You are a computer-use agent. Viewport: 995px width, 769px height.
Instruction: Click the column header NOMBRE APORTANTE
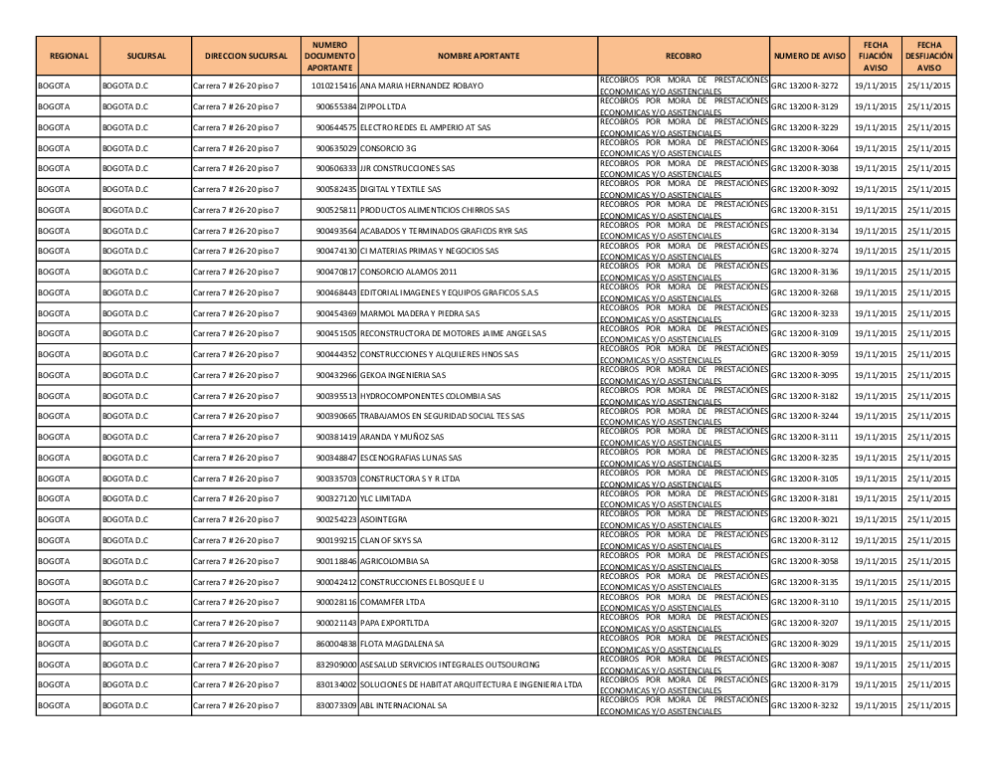click(478, 56)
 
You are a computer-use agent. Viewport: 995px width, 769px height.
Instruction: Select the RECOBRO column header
click(684, 56)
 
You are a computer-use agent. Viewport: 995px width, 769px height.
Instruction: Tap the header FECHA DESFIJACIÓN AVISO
click(929, 56)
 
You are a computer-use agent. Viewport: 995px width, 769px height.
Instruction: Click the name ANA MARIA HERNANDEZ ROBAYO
click(421, 86)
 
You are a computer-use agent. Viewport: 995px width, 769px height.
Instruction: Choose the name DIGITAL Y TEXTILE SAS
click(400, 189)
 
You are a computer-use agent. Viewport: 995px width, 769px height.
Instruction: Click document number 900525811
click(336, 210)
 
